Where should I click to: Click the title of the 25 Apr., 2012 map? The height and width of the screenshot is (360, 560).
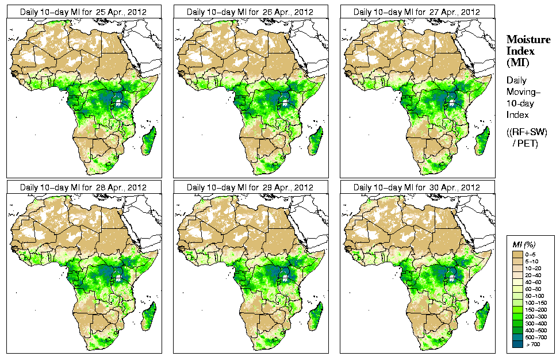tap(83, 12)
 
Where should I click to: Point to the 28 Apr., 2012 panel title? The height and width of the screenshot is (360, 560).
tap(83, 187)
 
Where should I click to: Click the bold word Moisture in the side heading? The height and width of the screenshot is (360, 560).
tap(526, 39)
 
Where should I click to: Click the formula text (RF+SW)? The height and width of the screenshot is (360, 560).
tap(527, 132)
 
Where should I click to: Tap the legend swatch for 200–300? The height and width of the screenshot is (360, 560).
tap(517, 316)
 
